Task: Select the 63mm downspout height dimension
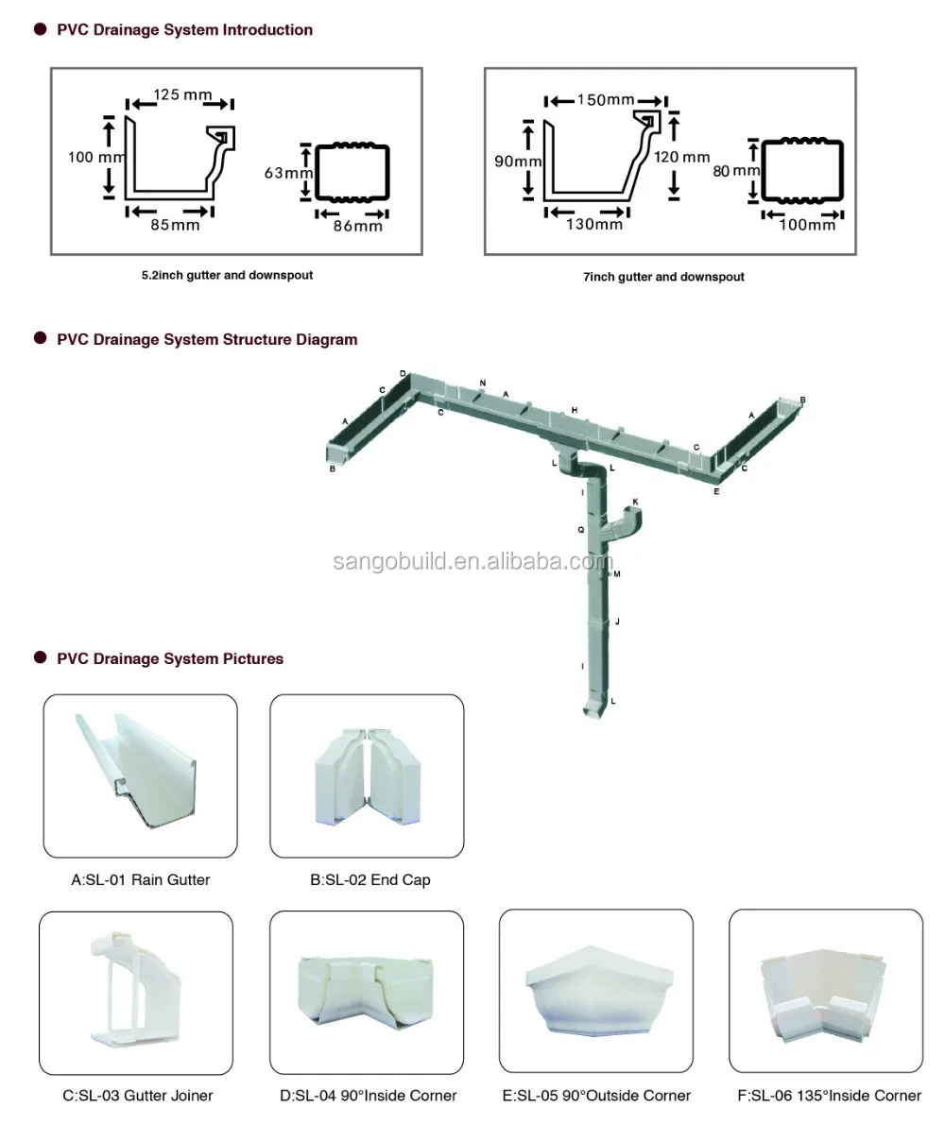click(287, 173)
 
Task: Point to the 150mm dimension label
click(606, 100)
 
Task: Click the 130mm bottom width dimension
click(596, 224)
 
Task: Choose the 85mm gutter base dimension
click(174, 225)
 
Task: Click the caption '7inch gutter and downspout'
click(663, 277)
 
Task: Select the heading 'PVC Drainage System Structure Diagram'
click(207, 339)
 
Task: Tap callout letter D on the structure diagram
click(403, 374)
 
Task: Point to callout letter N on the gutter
click(482, 383)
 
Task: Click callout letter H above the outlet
click(574, 410)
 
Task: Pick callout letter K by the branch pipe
click(635, 502)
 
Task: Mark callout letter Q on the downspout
click(581, 531)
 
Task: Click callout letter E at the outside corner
click(716, 492)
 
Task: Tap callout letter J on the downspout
click(617, 622)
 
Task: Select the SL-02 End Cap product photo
click(367, 775)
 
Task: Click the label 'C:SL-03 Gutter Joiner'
click(138, 1096)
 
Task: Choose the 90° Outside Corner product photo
click(595, 991)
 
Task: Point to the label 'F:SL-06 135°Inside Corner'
click(826, 1096)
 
